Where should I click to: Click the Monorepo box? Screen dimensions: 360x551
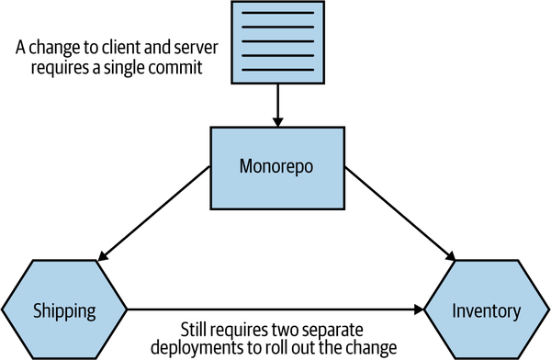pyautogui.click(x=275, y=167)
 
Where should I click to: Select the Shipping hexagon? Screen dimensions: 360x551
pyautogui.click(x=64, y=309)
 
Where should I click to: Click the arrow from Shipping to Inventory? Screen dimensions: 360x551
pyautogui.click(x=275, y=310)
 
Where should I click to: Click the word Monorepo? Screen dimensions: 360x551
pyautogui.click(x=275, y=168)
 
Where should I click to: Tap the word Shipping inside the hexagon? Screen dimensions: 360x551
pyautogui.click(x=64, y=310)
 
